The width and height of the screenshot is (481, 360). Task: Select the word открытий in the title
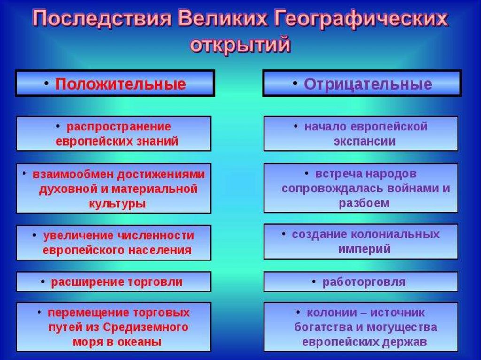point(240,45)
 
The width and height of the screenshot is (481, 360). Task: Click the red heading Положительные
point(121,84)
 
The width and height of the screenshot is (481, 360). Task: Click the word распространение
point(119,127)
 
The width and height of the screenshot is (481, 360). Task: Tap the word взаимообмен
point(74,174)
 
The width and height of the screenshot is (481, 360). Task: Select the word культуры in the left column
point(117,204)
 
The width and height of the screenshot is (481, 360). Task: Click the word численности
point(156,236)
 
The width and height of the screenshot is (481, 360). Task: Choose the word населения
point(160,250)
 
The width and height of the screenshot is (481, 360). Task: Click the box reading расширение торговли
point(114,282)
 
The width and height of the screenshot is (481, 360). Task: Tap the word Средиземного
point(146,327)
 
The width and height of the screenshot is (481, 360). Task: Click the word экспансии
point(365,141)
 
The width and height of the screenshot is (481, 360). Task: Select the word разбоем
point(364,203)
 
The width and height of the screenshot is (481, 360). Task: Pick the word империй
point(365,249)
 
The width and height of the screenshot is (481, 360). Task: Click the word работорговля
point(364,282)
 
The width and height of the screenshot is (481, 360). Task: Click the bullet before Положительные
point(47,83)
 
